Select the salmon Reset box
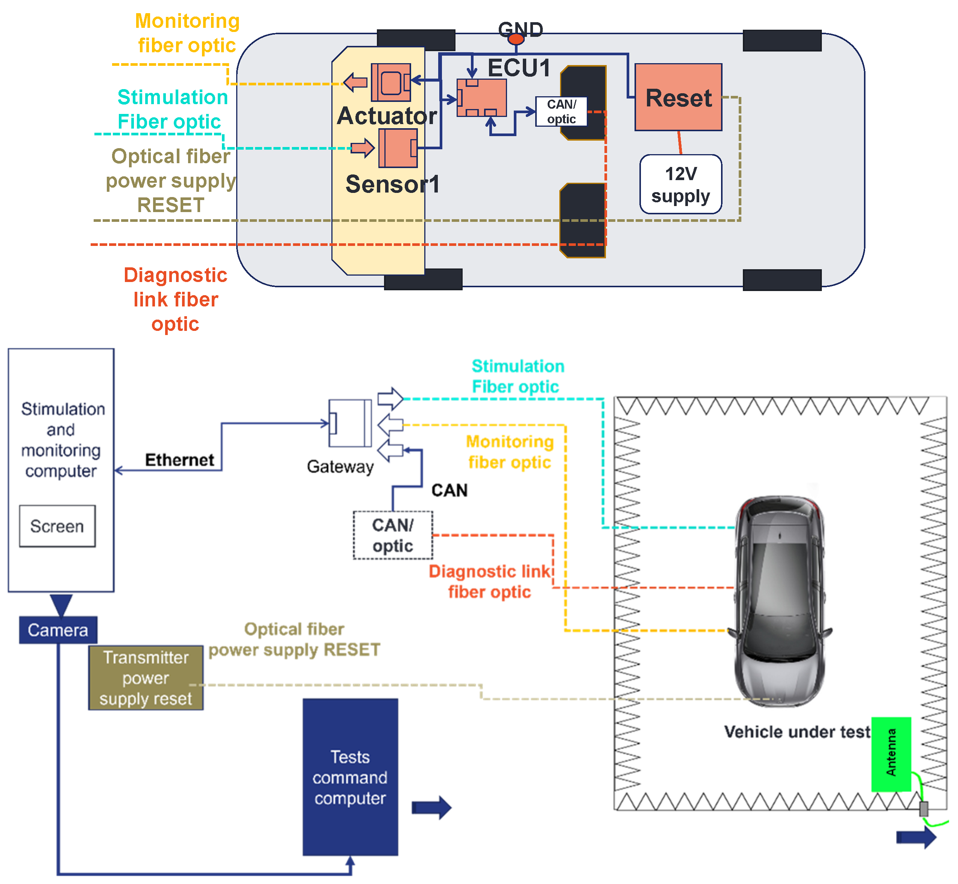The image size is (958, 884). tap(678, 97)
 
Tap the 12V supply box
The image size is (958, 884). tap(680, 185)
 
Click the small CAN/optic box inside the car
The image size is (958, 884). tap(561, 111)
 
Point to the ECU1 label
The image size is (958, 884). tap(519, 67)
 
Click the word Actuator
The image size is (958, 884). tap(387, 116)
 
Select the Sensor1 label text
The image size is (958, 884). tap(392, 184)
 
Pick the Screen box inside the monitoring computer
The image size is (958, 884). tap(58, 526)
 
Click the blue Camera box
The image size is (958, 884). tap(58, 630)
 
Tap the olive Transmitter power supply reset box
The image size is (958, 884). tap(146, 678)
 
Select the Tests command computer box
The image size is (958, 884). tap(350, 777)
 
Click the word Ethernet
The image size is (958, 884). tap(179, 460)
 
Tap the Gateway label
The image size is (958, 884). tap(340, 466)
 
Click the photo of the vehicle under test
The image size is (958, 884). tap(780, 600)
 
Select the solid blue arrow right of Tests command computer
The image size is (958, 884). tap(431, 808)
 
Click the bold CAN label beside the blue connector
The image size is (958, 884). tap(449, 490)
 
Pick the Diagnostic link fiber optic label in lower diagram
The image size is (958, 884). tap(489, 582)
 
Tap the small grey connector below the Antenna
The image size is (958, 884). tap(923, 809)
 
